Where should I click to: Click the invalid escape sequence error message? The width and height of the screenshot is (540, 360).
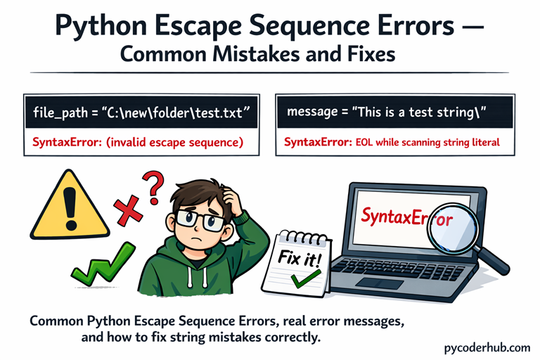tap(138, 143)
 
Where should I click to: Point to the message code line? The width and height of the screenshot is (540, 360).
tap(386, 112)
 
